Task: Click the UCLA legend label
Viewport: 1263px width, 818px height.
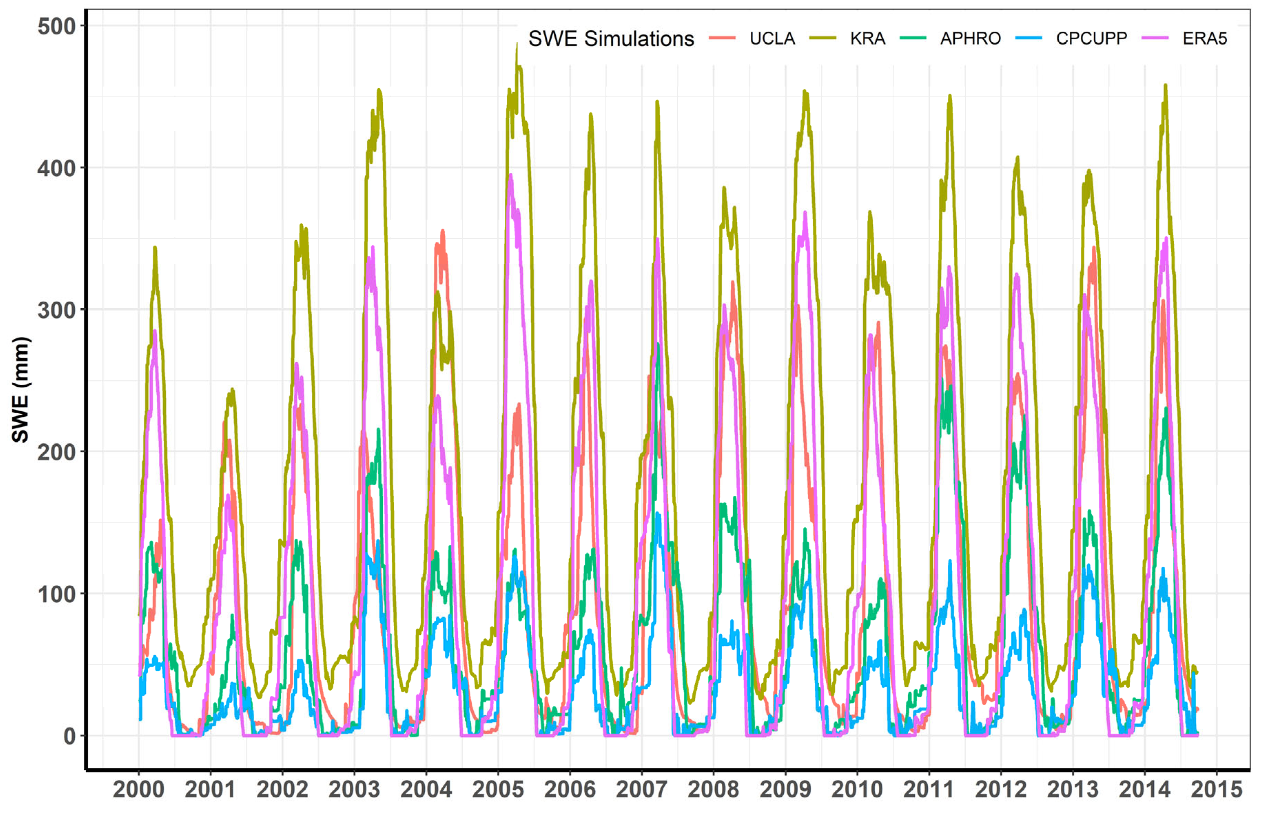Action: (x=772, y=39)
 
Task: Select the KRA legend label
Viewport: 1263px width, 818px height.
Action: (x=867, y=39)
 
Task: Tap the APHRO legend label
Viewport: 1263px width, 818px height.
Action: (x=970, y=39)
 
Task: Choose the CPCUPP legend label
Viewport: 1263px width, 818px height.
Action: (x=1091, y=39)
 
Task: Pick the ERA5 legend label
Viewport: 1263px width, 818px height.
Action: (x=1205, y=39)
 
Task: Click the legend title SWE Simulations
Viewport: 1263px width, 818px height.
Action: (x=611, y=39)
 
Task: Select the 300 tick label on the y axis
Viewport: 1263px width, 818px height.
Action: (x=57, y=310)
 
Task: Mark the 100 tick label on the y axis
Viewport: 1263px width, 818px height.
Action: (x=57, y=594)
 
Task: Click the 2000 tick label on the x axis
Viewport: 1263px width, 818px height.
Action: (x=138, y=789)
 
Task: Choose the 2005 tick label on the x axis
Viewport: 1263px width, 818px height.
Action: (x=498, y=789)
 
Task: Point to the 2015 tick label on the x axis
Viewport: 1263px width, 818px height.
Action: (x=1216, y=789)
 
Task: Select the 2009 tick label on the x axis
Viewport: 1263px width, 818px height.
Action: (x=785, y=789)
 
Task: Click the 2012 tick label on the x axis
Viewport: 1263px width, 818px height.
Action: (x=1001, y=789)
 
